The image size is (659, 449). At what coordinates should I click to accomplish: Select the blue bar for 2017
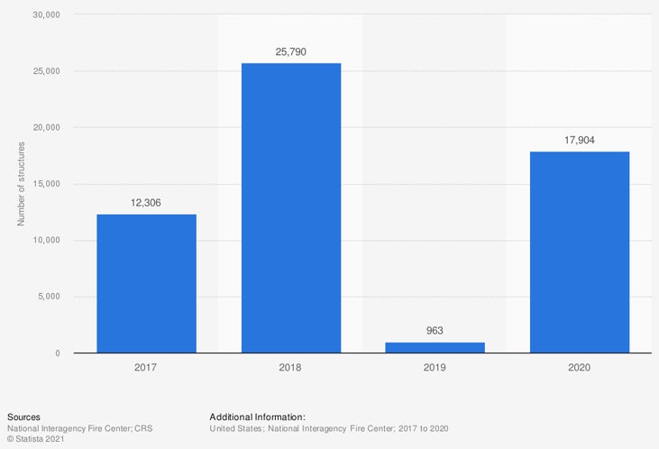(x=146, y=283)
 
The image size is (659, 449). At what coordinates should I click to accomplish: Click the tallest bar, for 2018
(x=290, y=207)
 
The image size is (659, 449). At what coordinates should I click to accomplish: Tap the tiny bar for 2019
(x=435, y=347)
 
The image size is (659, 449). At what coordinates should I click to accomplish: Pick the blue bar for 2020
(x=579, y=252)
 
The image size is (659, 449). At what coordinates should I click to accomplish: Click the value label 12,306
(x=146, y=202)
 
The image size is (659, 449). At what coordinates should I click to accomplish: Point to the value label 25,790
(x=290, y=51)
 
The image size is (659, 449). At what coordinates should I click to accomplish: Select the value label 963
(x=435, y=331)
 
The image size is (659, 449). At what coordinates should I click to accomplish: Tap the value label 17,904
(x=579, y=140)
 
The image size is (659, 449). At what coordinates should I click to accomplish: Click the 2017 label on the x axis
(x=146, y=367)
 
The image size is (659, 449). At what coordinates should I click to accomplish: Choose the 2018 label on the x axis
(x=290, y=367)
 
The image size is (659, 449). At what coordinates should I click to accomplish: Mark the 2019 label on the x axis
(x=435, y=367)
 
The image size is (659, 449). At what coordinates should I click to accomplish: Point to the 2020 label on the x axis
(x=579, y=367)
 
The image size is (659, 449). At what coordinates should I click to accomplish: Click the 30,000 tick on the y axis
(x=44, y=15)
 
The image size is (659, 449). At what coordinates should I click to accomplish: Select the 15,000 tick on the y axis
(x=44, y=184)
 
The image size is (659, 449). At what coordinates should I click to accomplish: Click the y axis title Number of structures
(x=21, y=184)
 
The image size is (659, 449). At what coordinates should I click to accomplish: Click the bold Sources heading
(x=23, y=417)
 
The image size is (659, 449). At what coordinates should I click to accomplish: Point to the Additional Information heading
(x=257, y=417)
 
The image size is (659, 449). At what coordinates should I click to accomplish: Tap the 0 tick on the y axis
(x=57, y=353)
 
